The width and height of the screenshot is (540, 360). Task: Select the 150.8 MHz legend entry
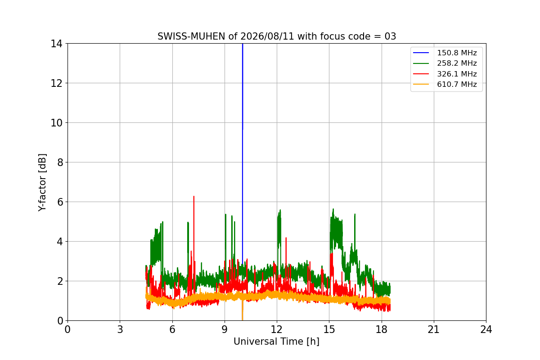445,53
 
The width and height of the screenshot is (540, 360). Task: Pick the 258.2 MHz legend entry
445,63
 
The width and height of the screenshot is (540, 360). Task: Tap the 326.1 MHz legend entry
445,74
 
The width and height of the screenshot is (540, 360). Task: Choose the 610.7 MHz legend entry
445,84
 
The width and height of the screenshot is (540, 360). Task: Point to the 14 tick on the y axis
56,44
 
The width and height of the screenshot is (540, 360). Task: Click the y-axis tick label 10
56,123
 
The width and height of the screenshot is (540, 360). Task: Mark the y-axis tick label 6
60,202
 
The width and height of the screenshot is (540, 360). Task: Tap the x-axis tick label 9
225,329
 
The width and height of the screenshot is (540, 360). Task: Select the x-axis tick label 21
434,329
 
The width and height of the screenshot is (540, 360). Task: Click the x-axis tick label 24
486,329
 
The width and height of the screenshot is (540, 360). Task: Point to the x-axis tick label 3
120,329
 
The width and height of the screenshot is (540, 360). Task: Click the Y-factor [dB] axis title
42,183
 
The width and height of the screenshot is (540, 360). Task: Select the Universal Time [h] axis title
276,342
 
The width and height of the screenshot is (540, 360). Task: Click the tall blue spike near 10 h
243,154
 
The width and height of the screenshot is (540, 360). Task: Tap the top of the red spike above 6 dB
194,197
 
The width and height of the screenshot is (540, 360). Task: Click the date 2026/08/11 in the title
267,36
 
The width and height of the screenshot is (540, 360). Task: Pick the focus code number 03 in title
390,36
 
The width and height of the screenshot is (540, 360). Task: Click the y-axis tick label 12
56,83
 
